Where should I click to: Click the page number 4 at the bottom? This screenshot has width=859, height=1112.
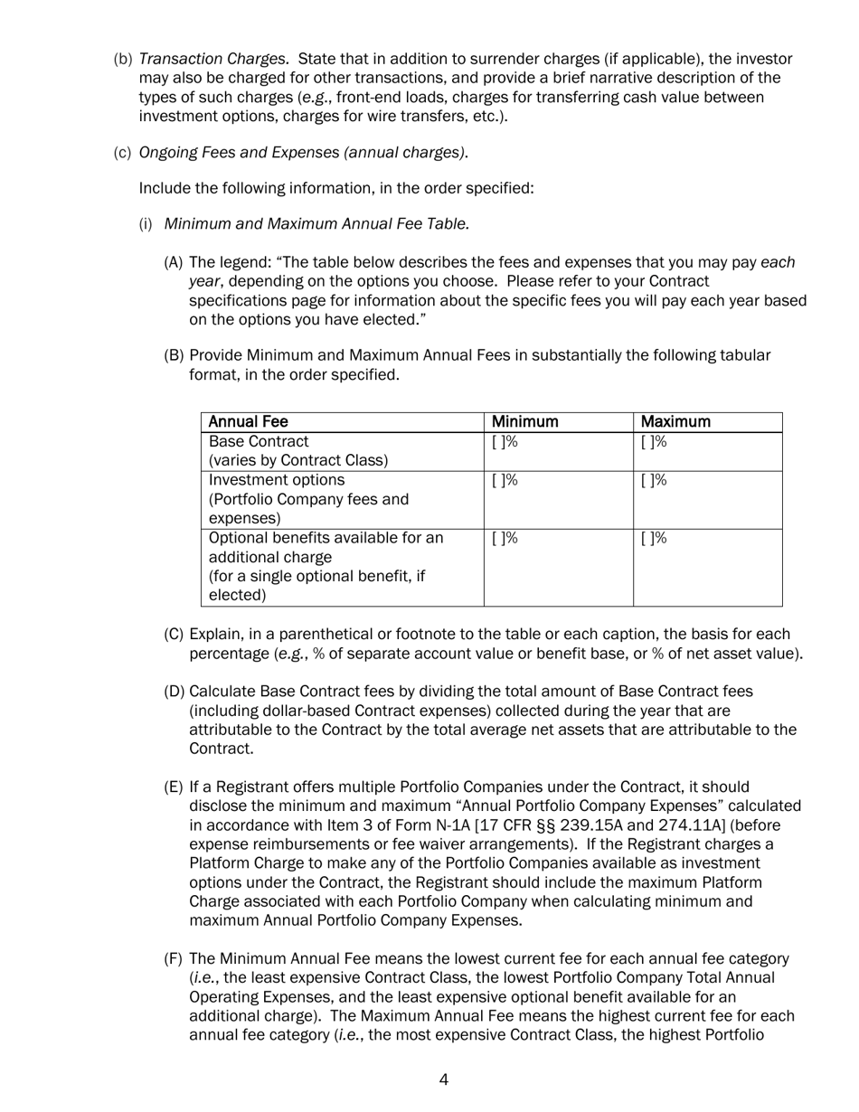pyautogui.click(x=443, y=1079)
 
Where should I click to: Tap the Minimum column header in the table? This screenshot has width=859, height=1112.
pyautogui.click(x=524, y=422)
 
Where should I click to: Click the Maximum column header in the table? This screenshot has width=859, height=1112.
pyautogui.click(x=675, y=422)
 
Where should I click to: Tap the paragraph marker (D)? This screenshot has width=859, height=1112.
pyautogui.click(x=174, y=692)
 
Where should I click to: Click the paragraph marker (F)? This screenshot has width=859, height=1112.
pyautogui.click(x=174, y=959)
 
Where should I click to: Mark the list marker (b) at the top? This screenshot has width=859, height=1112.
pyautogui.click(x=123, y=60)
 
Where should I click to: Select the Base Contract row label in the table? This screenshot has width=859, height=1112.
pyautogui.click(x=259, y=442)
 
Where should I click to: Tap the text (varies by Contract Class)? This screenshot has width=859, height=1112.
pyautogui.click(x=298, y=461)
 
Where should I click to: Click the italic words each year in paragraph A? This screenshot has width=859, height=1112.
pyautogui.click(x=778, y=263)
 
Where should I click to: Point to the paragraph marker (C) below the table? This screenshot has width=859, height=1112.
pyautogui.click(x=174, y=635)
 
